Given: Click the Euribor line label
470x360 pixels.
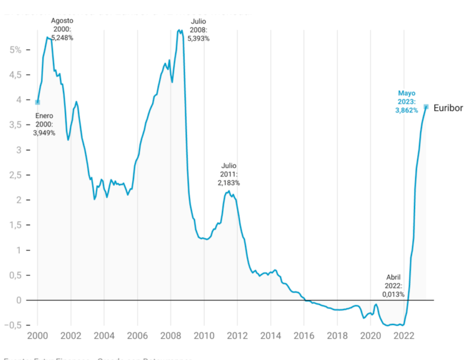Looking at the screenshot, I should (448, 108).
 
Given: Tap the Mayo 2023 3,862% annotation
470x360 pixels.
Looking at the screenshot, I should (406, 102).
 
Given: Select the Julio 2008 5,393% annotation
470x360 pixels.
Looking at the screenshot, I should (198, 29).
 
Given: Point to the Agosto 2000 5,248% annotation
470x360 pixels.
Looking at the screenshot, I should (62, 29).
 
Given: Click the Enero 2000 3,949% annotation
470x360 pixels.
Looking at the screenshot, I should (44, 124).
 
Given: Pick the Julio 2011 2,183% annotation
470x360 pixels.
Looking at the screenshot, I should (229, 174).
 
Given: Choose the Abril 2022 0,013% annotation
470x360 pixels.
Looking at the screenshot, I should (393, 285).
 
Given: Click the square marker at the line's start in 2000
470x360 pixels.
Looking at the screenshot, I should (37, 102).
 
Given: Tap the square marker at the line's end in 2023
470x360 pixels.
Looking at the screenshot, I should (426, 107).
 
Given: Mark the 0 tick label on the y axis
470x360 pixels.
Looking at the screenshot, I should (19, 300).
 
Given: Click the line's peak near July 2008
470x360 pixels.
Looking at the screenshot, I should (180, 29).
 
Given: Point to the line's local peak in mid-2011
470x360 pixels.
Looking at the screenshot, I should (229, 192).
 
